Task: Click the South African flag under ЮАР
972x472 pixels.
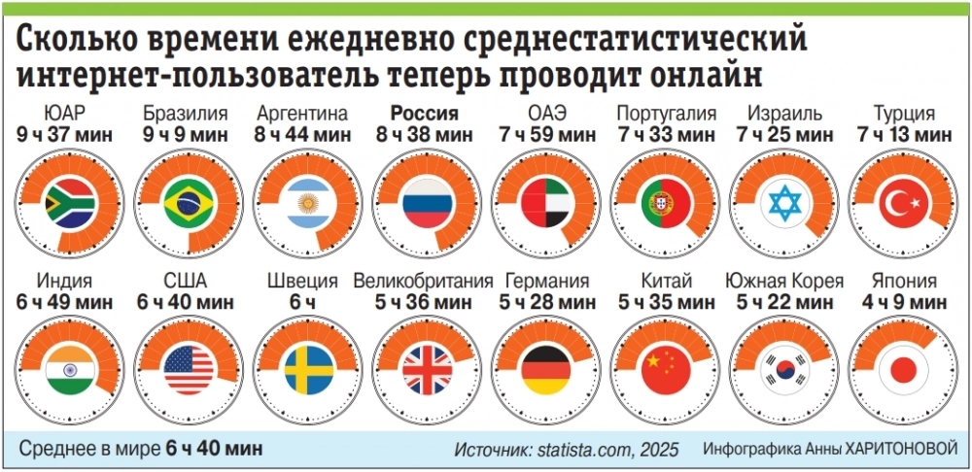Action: tap(69, 203)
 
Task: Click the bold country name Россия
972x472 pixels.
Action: tap(426, 113)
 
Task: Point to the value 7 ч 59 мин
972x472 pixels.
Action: tap(544, 133)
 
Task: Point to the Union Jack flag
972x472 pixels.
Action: tap(426, 370)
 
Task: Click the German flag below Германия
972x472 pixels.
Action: tap(545, 370)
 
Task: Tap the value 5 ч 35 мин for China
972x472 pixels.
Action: tap(666, 302)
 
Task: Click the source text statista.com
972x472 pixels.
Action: tap(581, 450)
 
